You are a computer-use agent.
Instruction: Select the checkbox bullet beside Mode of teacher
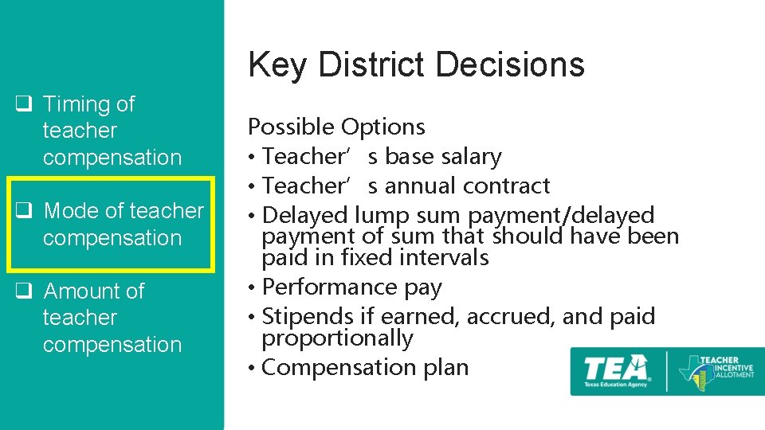pos(24,211)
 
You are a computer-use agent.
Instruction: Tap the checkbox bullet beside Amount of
pos(24,291)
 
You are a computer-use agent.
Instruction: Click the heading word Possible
pos(291,127)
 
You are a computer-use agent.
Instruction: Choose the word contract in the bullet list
pos(509,186)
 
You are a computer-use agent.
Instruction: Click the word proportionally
pos(337,338)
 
